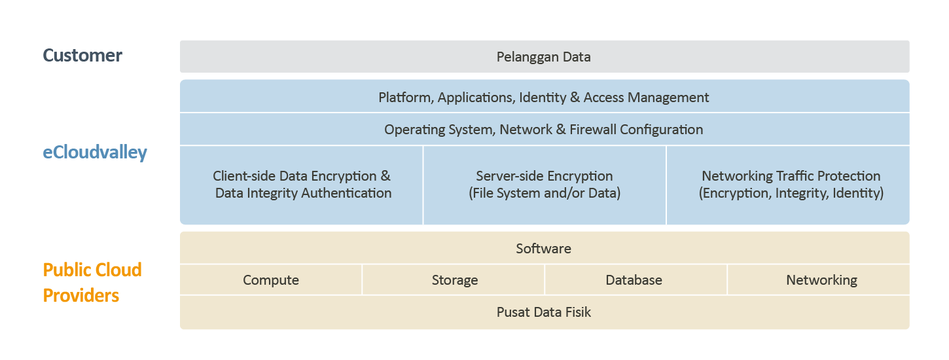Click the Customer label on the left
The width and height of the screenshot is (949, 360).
[x=82, y=56]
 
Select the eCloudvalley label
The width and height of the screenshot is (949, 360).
[x=95, y=153]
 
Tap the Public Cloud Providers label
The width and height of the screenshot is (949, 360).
[x=92, y=283]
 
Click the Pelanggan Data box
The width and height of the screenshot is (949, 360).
[x=544, y=57]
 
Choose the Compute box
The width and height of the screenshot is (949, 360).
[x=271, y=280]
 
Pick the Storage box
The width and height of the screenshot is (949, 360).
[x=454, y=280]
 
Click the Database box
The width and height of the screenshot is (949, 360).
[x=634, y=280]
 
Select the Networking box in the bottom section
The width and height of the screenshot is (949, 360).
[x=821, y=280]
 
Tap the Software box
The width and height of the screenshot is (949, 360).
[x=543, y=249]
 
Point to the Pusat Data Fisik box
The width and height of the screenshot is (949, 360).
[x=544, y=312]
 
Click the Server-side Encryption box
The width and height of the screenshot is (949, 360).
[x=545, y=185]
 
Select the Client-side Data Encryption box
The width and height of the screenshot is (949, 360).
[x=302, y=185]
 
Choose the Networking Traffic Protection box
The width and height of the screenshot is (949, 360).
[x=791, y=185]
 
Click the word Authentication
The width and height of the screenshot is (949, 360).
[x=346, y=193]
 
